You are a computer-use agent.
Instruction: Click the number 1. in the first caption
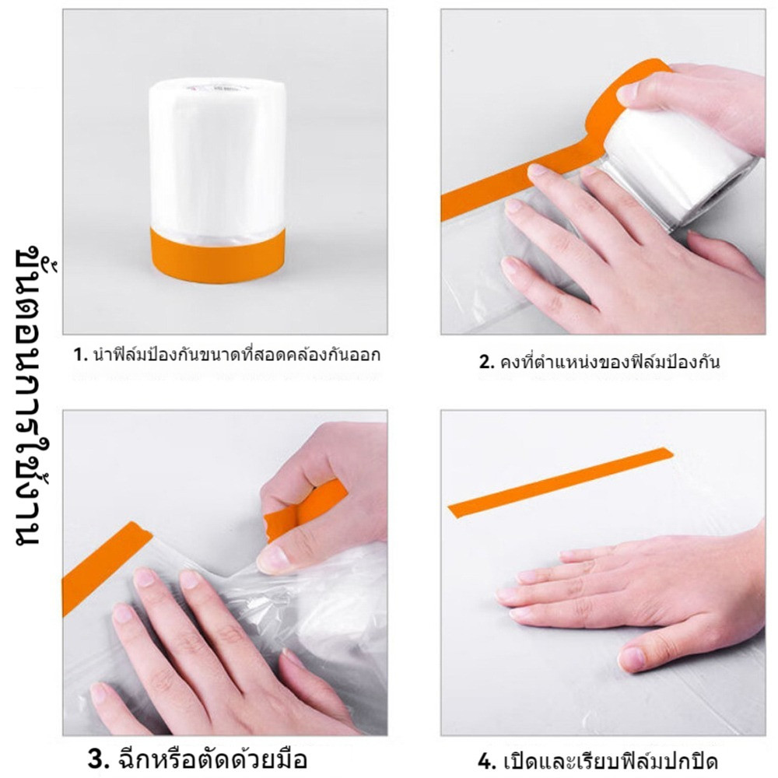coord(80,355)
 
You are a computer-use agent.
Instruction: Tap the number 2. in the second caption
coord(486,362)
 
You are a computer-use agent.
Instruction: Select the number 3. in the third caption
coord(98,759)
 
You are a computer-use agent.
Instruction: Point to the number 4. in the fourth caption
coord(487,761)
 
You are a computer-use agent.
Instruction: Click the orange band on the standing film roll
coord(218,254)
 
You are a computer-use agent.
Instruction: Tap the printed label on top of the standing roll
coord(216,89)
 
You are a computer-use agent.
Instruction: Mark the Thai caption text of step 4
coord(610,759)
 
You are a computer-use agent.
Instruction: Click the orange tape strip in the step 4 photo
coord(560,482)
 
